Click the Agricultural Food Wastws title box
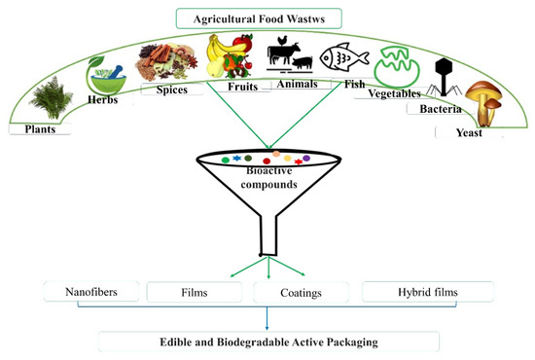259,18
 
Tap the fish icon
344,57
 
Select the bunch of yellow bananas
218,50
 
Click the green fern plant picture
52,97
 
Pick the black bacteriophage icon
444,77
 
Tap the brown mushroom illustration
484,103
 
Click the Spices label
172,90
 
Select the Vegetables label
394,93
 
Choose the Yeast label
469,132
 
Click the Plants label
40,129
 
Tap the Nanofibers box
91,292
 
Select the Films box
195,292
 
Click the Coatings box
301,293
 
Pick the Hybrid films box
428,292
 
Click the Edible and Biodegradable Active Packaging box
268,342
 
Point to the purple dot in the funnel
306,158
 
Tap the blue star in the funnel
236,158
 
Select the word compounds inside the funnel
268,184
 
